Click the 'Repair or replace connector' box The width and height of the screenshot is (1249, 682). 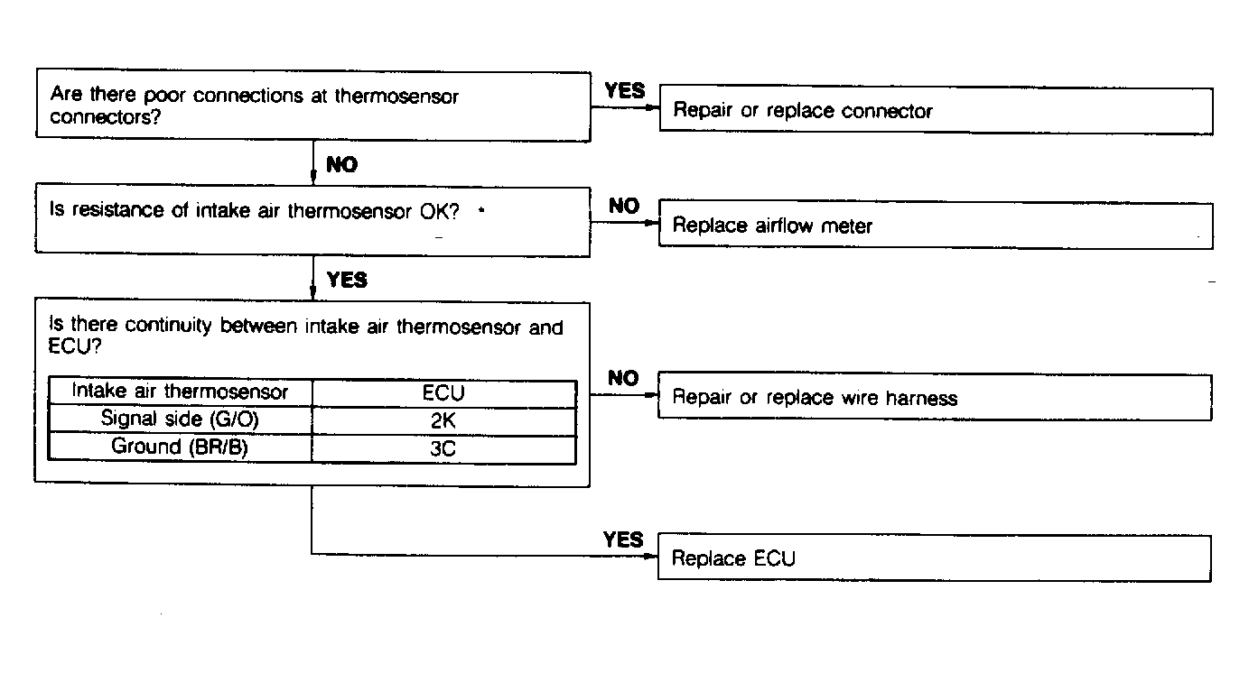coord(936,111)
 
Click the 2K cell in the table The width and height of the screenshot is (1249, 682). coord(443,419)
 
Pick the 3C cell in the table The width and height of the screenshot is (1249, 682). coord(443,447)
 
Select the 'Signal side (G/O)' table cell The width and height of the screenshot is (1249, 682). coord(180,419)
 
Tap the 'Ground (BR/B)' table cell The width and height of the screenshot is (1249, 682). coord(180,447)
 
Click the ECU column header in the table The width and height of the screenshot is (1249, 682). coord(443,393)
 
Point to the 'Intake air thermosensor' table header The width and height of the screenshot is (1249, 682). coord(180,392)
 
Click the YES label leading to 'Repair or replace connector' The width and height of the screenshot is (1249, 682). coord(625,90)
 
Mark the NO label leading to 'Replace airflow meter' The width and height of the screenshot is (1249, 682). coord(624,206)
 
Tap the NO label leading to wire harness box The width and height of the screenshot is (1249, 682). coord(623,378)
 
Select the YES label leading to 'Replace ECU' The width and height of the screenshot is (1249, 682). coord(623,539)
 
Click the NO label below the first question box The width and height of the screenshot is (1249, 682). coord(342,165)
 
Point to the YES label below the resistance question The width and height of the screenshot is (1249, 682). coord(347,280)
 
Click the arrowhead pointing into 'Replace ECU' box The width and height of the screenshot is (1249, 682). coord(653,556)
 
